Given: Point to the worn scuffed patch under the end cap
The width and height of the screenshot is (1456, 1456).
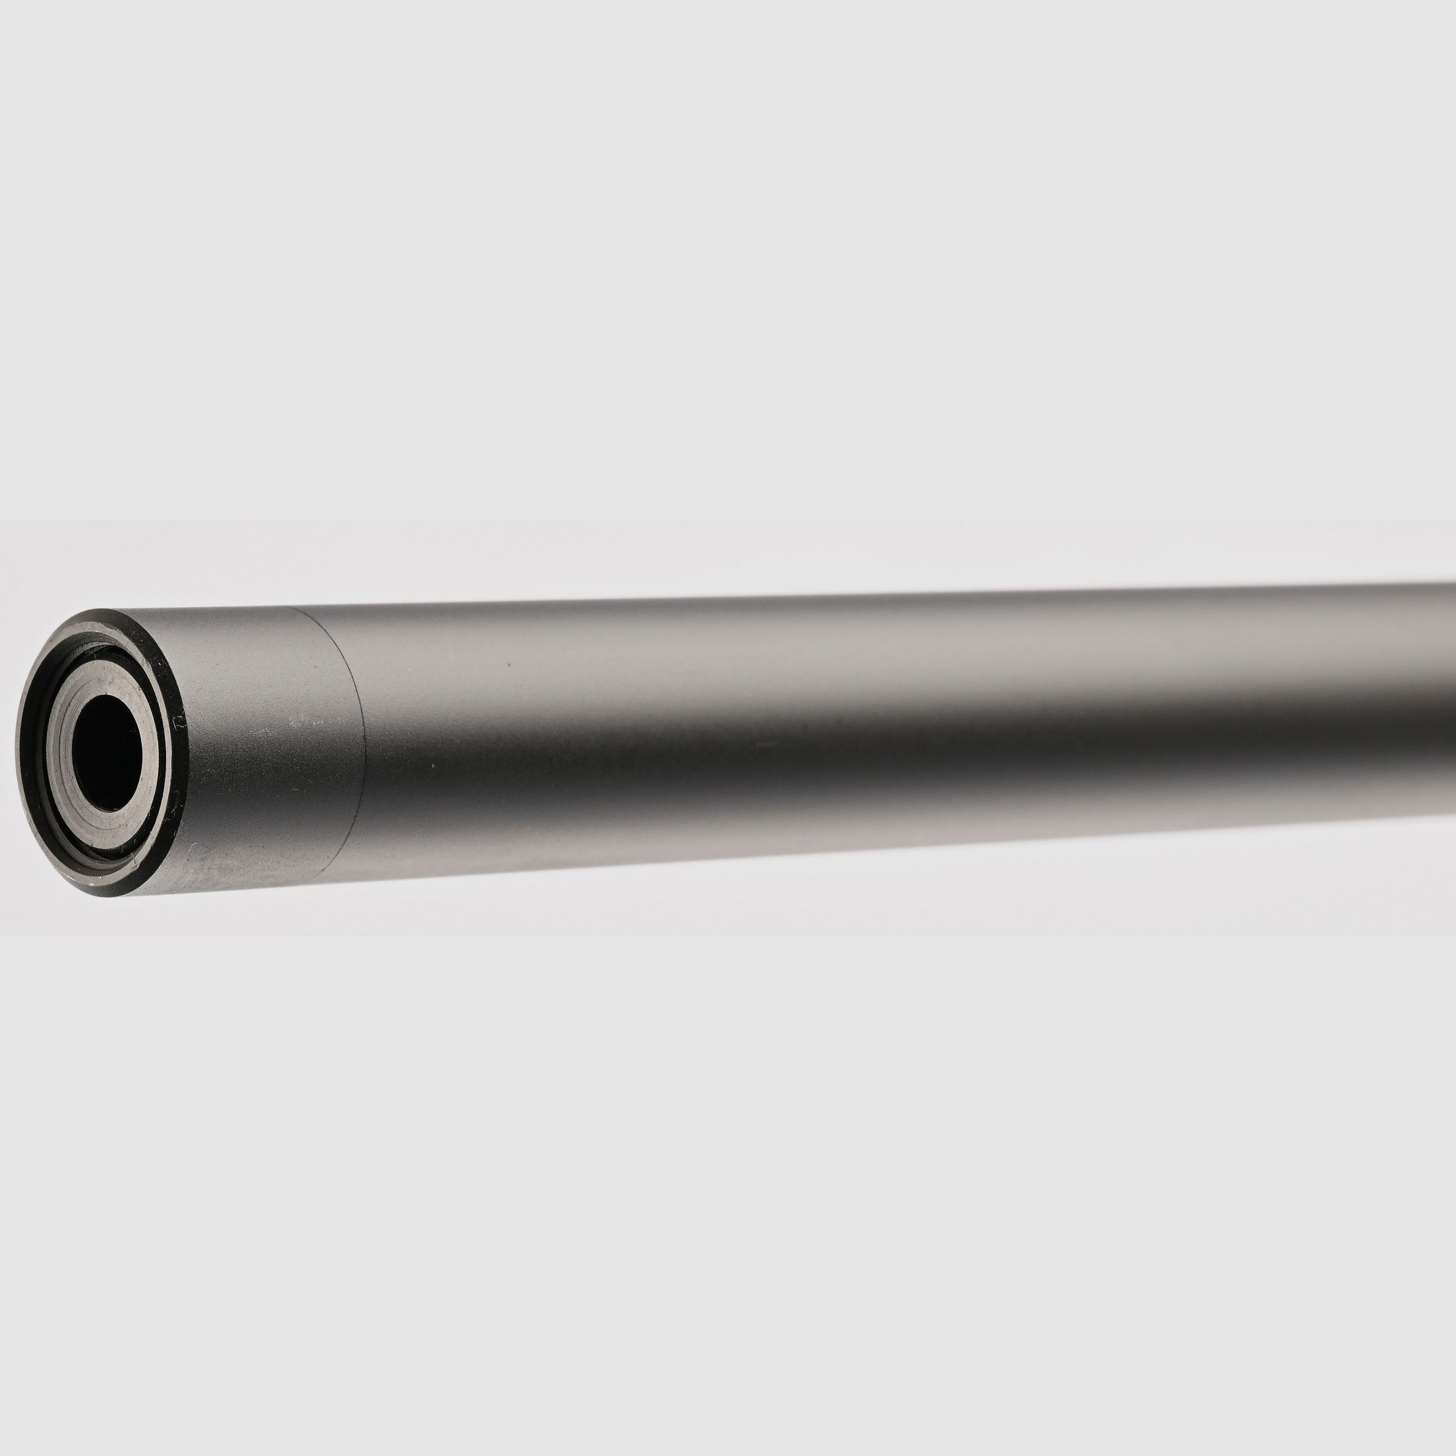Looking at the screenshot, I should point(226,878).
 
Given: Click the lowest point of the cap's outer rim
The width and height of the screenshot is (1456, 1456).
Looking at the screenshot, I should point(113,897).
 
